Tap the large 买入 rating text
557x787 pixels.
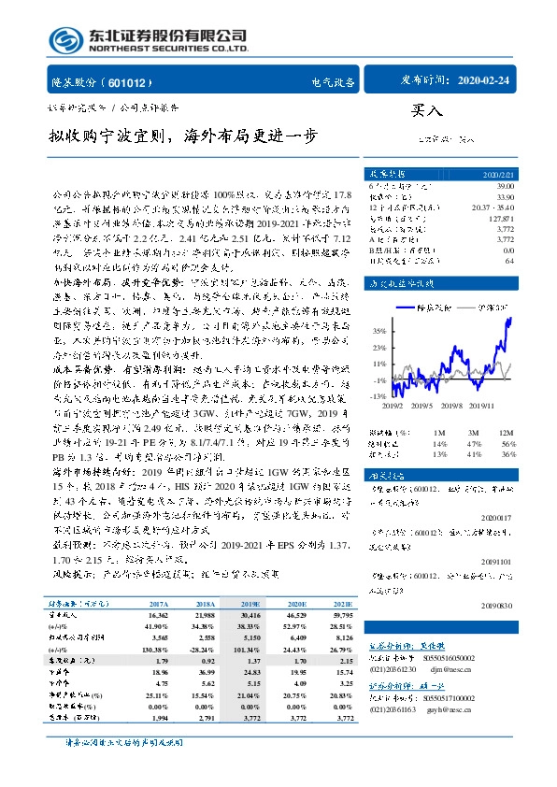tap(425, 108)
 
